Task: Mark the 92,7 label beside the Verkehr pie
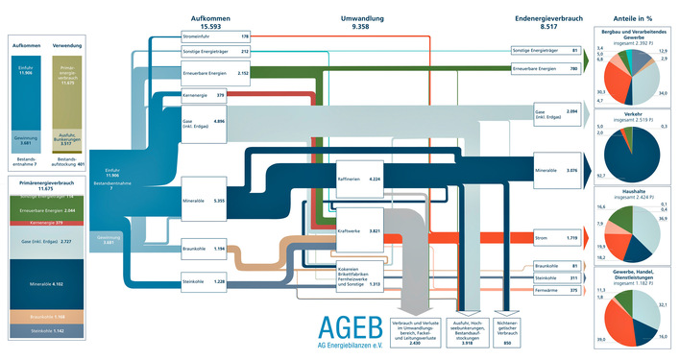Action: [599, 177]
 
